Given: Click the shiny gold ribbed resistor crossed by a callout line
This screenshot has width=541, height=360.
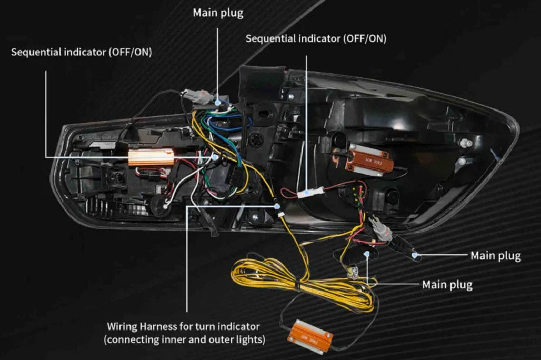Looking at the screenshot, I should point(151,156).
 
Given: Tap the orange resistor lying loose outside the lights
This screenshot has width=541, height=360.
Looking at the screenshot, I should point(310,335).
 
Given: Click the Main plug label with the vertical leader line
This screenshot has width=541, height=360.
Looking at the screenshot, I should point(218,13).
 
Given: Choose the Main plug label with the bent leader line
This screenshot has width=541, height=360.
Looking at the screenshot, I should point(447,285).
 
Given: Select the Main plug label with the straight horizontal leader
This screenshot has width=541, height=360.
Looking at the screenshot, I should point(495,256).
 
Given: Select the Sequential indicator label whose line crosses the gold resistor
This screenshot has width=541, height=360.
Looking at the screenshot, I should point(81,52).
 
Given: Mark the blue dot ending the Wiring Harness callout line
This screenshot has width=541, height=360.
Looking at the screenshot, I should point(276,207).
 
